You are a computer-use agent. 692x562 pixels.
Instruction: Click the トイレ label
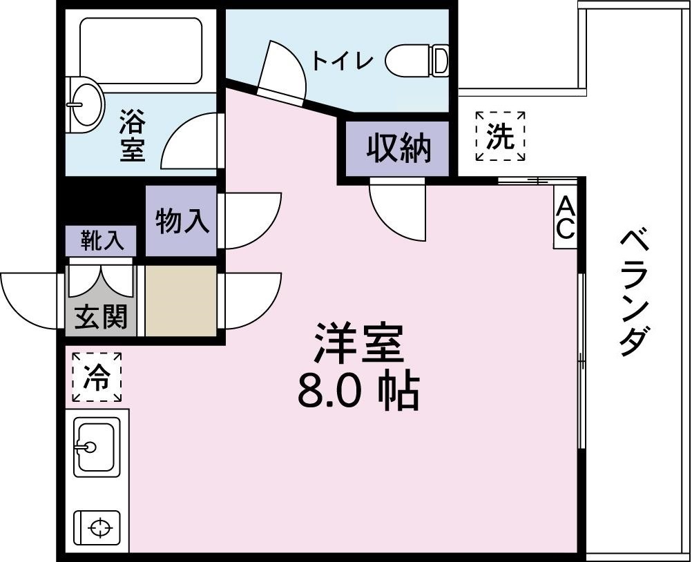(343, 61)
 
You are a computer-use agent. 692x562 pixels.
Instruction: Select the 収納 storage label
(398, 147)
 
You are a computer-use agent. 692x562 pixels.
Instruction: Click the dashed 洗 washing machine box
(501, 136)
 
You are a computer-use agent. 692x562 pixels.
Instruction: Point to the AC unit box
(565, 217)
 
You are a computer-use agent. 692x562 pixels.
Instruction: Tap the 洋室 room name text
(359, 342)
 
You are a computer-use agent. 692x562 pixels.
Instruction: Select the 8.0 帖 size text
(358, 392)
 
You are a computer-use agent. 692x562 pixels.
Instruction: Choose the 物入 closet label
(181, 222)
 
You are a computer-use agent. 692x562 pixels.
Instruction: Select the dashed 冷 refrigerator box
(96, 377)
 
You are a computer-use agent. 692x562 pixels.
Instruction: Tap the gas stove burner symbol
(99, 528)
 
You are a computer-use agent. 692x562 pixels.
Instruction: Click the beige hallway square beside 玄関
(181, 301)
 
